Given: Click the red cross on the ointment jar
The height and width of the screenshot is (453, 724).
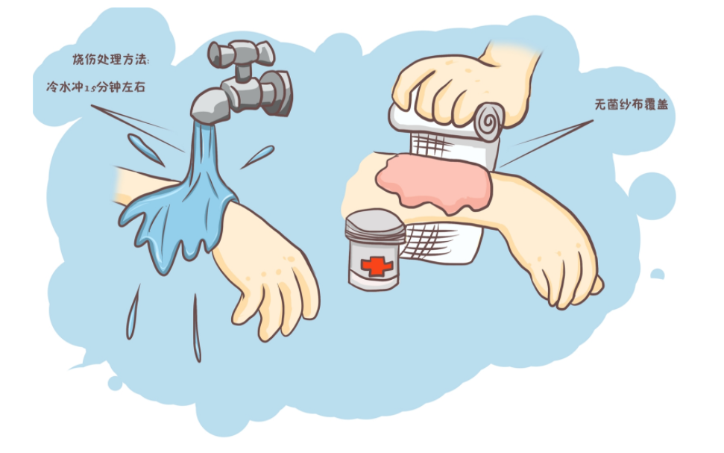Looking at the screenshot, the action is point(377,266).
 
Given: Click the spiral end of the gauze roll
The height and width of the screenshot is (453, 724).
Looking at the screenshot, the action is point(488,119).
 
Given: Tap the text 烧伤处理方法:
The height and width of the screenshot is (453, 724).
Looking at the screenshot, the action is point(111,59).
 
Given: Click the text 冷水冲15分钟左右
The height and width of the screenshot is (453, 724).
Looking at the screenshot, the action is point(95,87).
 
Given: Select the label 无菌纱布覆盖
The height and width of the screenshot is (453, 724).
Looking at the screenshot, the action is point(632,104).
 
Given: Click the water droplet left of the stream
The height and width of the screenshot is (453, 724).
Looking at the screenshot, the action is point(145,149).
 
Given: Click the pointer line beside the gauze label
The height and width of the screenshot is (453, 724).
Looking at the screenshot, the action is point(547,143).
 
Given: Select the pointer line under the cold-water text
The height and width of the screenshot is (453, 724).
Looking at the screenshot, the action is point(136,128).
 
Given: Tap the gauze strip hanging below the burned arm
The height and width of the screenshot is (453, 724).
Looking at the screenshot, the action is point(438,243).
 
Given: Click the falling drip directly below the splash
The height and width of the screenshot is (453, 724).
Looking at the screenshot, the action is point(197,328).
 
